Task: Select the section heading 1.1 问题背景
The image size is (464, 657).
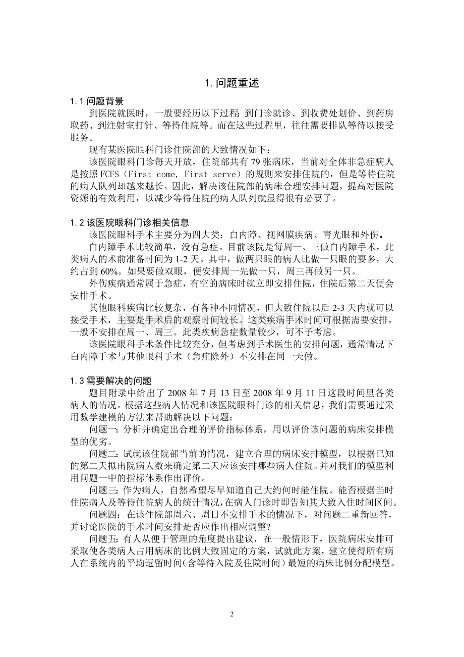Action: [97, 101]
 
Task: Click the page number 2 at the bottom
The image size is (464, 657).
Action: [232, 615]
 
